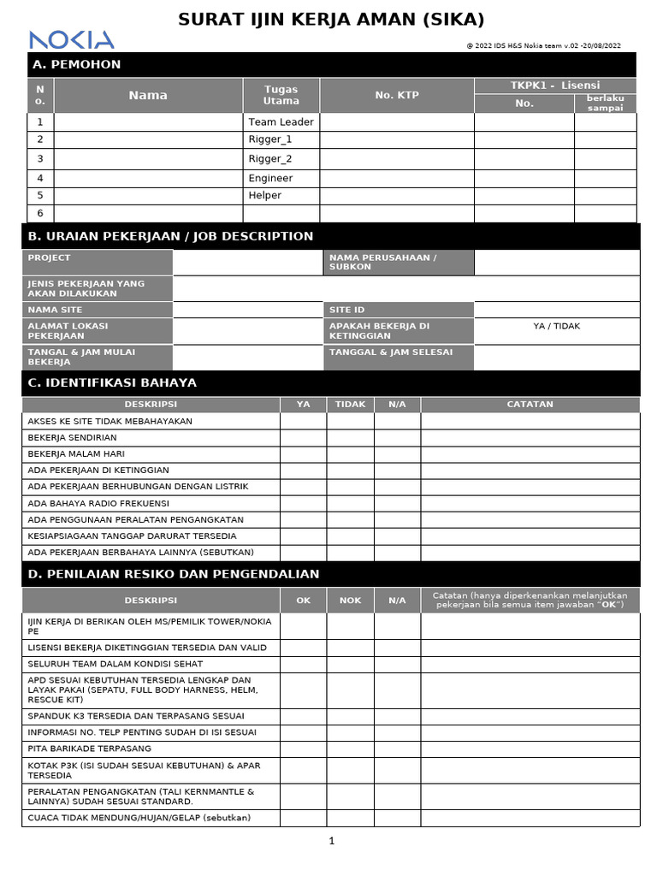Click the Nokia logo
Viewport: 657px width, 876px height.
click(71, 39)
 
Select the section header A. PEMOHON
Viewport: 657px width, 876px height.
click(76, 64)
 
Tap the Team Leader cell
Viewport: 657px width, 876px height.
click(281, 121)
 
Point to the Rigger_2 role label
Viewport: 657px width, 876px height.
click(270, 158)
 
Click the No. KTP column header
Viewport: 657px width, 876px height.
click(397, 95)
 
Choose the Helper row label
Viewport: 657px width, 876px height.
click(265, 195)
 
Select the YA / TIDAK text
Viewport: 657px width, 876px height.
click(556, 326)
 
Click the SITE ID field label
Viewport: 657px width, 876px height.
click(347, 310)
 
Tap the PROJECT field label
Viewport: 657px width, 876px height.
click(50, 257)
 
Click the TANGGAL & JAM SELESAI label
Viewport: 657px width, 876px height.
click(391, 352)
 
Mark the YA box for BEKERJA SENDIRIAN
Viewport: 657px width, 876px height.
click(303, 437)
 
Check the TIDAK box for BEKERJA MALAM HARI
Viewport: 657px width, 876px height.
click(350, 453)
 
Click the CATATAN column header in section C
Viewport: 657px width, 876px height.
click(530, 404)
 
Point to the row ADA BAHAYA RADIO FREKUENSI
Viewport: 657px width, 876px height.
click(98, 503)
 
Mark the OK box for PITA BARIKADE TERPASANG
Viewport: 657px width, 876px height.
click(303, 749)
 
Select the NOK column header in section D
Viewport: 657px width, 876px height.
click(350, 600)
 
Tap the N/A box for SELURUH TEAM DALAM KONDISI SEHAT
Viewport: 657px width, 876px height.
click(397, 664)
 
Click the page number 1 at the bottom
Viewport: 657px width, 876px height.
click(332, 841)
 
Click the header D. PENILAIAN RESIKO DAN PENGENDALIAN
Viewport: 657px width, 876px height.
click(174, 574)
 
